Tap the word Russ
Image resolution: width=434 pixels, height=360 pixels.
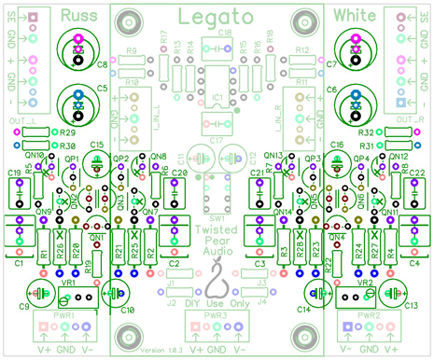click(x=79, y=15)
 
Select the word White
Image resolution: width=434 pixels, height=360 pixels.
click(x=355, y=15)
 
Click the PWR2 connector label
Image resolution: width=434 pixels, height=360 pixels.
click(x=368, y=316)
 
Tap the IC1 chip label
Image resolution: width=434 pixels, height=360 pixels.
click(x=217, y=97)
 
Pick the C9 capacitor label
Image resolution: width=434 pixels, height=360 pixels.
click(x=21, y=307)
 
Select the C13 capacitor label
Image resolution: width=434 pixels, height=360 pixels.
click(x=411, y=307)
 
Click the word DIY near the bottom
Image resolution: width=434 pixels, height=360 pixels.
click(x=189, y=304)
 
